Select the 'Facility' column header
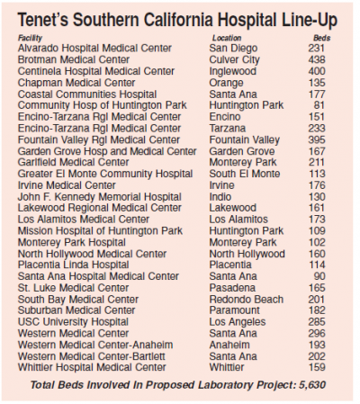pos(31,38)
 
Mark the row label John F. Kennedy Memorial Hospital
pos(94,195)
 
